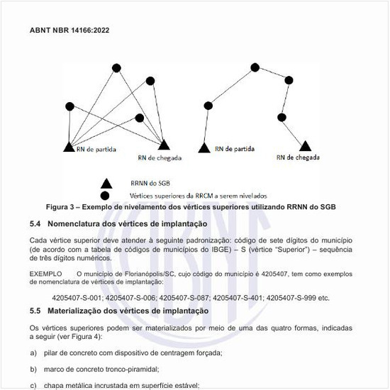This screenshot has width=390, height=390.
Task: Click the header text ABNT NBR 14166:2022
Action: point(69,32)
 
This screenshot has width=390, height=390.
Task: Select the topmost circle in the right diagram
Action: point(254,67)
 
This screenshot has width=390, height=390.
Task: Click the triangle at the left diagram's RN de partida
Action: point(69,147)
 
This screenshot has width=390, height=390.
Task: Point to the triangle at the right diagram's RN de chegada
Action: point(306,145)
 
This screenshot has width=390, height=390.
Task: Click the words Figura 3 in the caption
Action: point(63,207)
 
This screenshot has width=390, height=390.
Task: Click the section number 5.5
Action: point(37,311)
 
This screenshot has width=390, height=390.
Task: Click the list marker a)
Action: point(33,352)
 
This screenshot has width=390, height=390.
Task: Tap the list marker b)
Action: point(33,369)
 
